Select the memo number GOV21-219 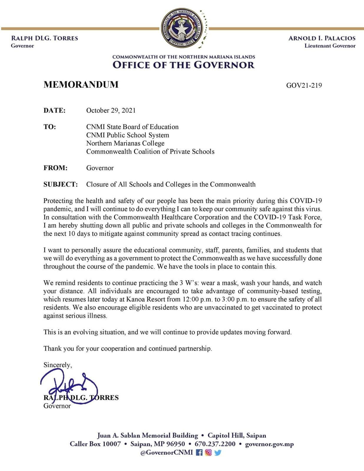304,85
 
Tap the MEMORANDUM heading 81,84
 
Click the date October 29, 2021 111,110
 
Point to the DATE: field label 54,110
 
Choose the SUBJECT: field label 61,184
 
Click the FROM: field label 55,168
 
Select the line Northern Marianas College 125,143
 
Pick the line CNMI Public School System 128,135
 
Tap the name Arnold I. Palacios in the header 322,38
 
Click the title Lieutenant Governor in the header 330,46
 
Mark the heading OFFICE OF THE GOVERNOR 183,65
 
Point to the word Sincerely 57,365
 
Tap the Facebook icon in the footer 199,452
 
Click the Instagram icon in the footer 209,452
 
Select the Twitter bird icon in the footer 218,452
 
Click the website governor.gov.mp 269,444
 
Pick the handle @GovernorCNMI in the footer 166,452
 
